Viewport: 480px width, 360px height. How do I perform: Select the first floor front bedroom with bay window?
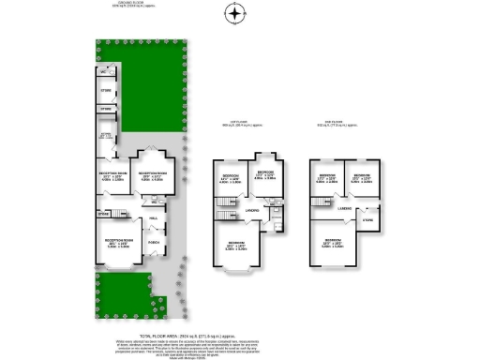tap(238, 247)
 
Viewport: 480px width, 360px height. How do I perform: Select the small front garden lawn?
tap(117, 293)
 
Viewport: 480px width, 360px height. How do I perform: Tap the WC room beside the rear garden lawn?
tap(105, 71)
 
